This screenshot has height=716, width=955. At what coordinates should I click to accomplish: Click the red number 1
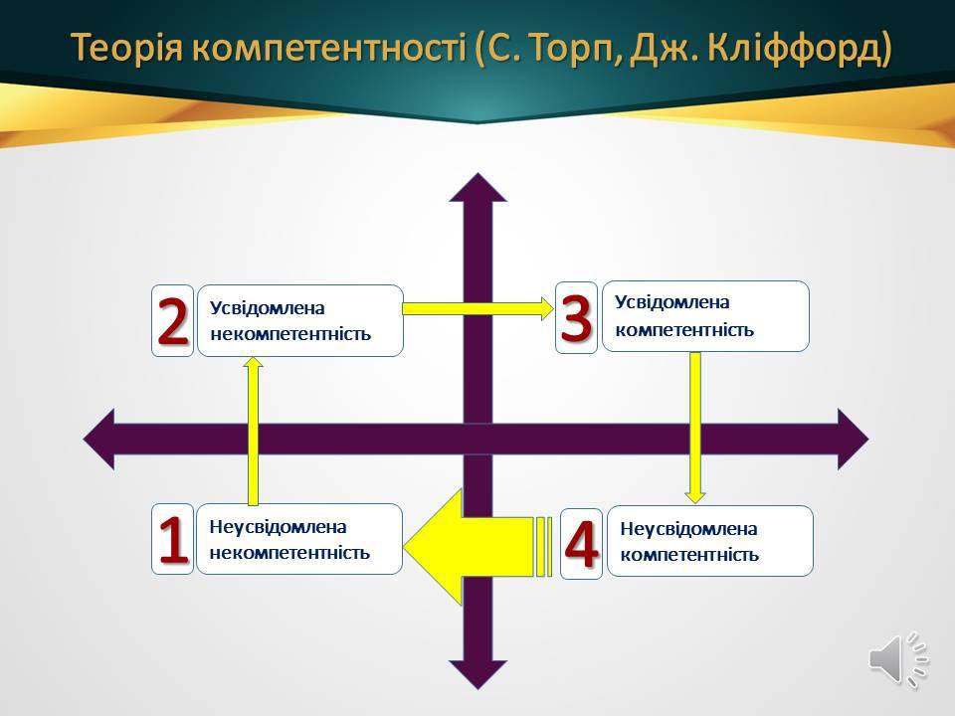tap(173, 539)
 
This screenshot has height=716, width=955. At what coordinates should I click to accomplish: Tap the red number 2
tap(173, 321)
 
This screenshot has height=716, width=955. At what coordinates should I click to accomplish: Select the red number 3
tap(576, 317)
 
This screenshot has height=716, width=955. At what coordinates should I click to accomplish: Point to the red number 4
tap(581, 543)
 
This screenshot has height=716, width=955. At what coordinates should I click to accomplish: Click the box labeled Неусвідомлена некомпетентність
tap(299, 539)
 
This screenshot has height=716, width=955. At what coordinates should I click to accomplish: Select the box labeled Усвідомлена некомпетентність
tap(300, 321)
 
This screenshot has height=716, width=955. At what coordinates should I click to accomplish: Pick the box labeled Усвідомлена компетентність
tap(705, 316)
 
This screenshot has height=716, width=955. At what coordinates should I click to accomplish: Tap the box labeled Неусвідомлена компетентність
tap(710, 541)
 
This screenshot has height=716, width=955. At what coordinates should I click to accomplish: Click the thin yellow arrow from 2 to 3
tap(478, 308)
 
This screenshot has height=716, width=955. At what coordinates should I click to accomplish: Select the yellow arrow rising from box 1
tap(253, 431)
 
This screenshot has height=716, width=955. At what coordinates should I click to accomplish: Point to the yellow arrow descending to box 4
tap(695, 428)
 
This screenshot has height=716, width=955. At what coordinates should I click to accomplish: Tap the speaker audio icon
tap(898, 659)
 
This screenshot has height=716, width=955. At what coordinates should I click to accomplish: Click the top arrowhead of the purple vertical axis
tap(478, 188)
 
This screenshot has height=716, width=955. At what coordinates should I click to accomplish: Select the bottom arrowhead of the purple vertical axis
tap(478, 675)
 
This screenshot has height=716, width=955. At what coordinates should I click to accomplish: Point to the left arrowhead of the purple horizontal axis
tap(98, 439)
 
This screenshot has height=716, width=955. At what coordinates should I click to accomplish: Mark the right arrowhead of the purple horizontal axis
tap(854, 439)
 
